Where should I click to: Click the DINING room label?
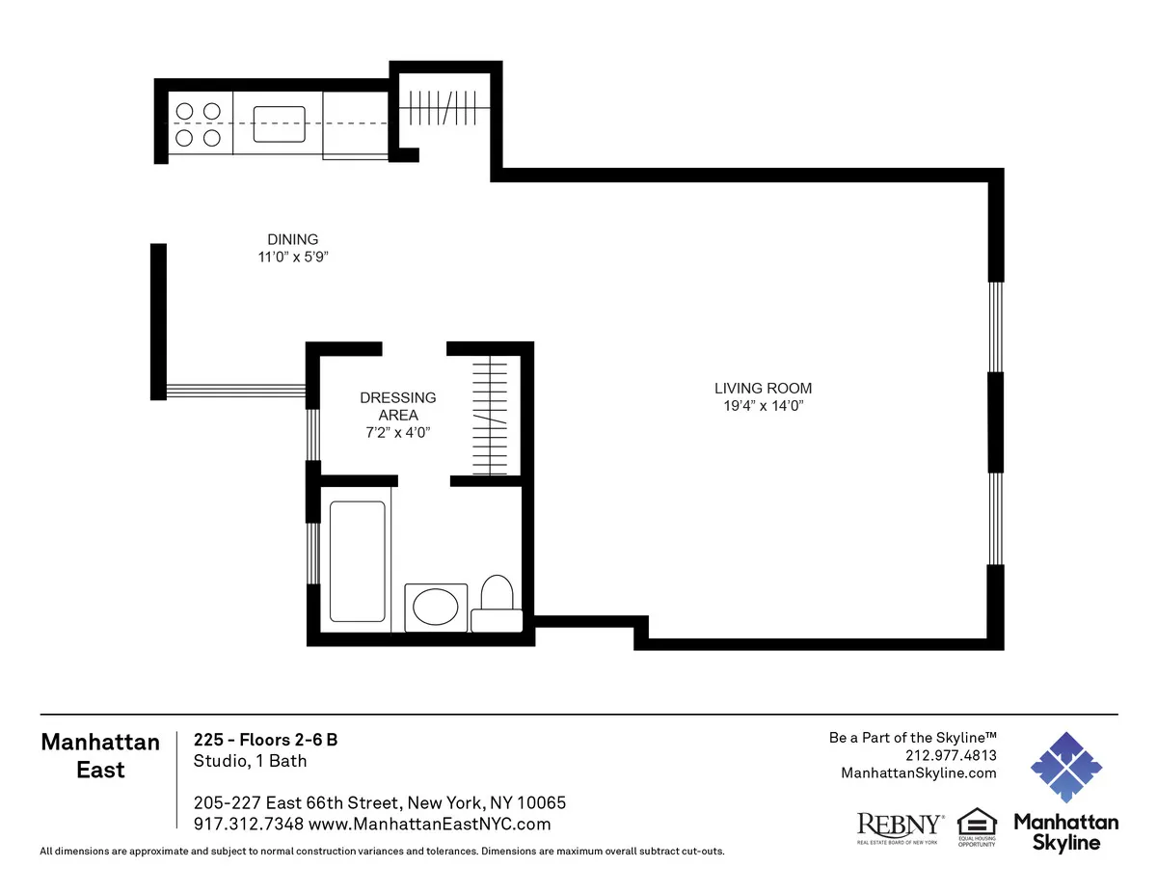coord(292,239)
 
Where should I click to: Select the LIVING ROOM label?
coord(769,388)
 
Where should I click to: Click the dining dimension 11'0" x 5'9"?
coord(293,257)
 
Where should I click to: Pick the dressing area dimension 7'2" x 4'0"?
coord(396,433)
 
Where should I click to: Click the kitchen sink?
coord(279,123)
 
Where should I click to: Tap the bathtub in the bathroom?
coord(357,560)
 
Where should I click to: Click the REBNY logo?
coord(901,826)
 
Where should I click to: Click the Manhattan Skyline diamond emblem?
coord(1065,767)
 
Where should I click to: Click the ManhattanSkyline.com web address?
coord(919,772)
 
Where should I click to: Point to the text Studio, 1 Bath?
coord(250,761)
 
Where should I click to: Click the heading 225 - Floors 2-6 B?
coord(265,740)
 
